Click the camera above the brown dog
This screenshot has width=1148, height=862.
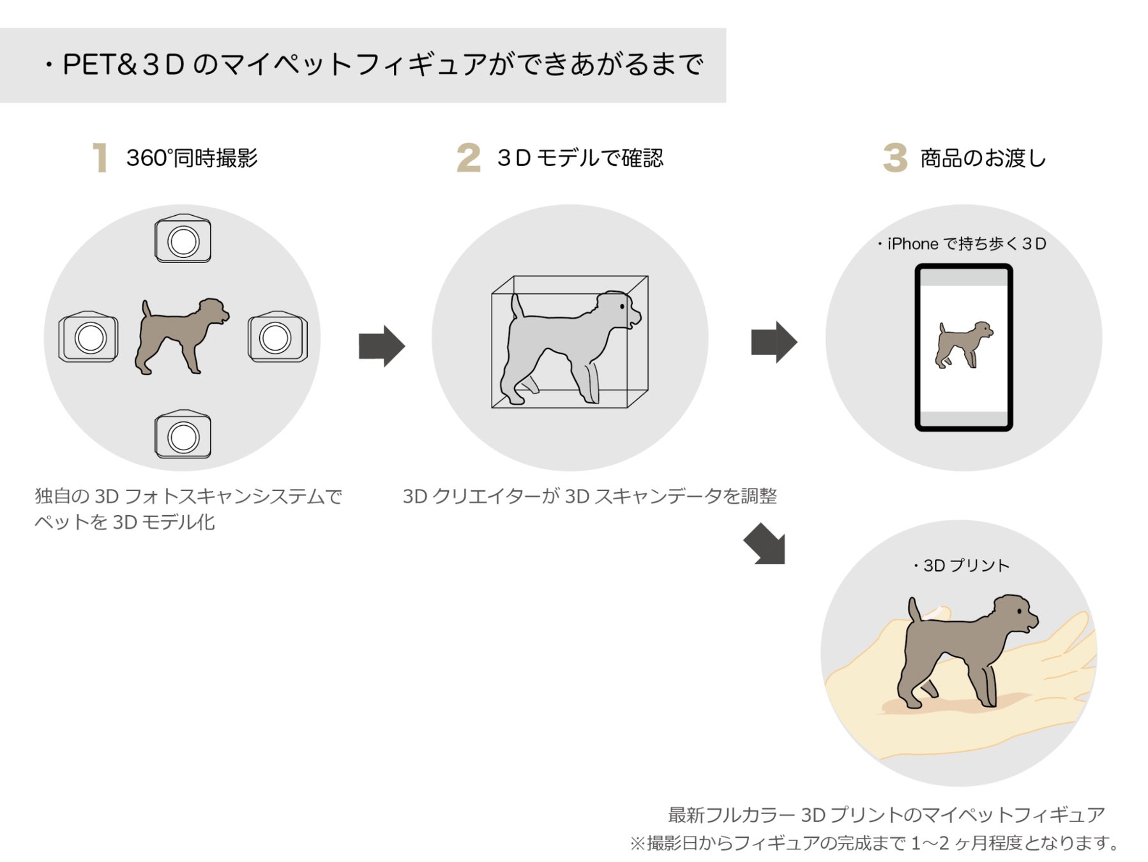click(183, 239)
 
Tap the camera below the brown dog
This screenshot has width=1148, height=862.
click(183, 435)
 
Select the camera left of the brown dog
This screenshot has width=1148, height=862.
click(89, 337)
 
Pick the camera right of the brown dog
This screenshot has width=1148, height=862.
click(277, 337)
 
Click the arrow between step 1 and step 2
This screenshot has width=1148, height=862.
click(381, 346)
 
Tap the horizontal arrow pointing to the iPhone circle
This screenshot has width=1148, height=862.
click(773, 342)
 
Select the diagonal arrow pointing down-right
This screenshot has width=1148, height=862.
click(765, 544)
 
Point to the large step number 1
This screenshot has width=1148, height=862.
click(100, 158)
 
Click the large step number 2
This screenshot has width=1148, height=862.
click(468, 158)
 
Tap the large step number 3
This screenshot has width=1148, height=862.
click(895, 158)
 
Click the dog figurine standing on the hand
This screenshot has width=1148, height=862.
click(964, 651)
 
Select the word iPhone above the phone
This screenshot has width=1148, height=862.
click(912, 244)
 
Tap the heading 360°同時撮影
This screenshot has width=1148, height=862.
click(192, 158)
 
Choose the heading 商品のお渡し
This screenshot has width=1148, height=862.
click(983, 158)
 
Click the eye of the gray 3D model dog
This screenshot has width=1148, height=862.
click(622, 307)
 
